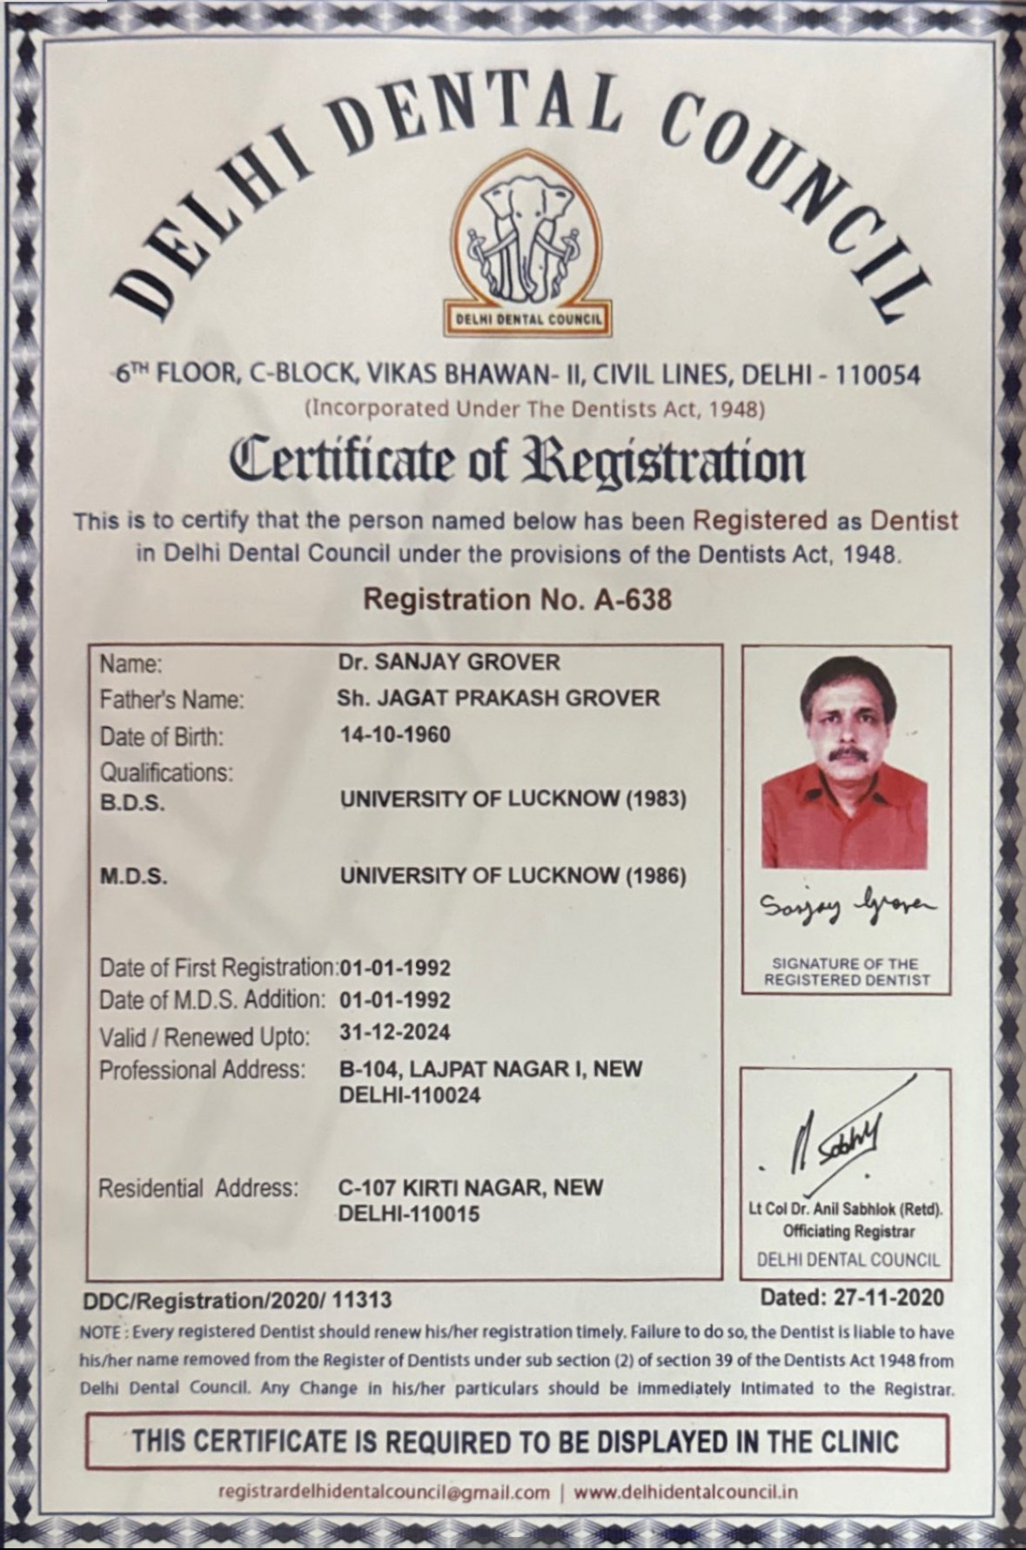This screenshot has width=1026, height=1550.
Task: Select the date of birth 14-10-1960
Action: [x=395, y=735]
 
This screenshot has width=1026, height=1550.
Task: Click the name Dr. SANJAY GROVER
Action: [x=449, y=662]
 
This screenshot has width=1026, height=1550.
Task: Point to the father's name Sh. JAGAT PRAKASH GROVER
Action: [x=498, y=698]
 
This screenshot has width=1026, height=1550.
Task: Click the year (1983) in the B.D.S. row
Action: [x=656, y=799]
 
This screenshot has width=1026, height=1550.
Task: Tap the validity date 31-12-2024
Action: [x=395, y=1033]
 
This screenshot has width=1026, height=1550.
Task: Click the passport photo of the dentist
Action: [x=844, y=767]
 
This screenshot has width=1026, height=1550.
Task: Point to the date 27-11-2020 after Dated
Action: [x=888, y=1297]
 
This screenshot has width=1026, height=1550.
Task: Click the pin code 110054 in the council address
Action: [x=876, y=375]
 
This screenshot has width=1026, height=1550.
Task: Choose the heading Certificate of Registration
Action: [x=517, y=461]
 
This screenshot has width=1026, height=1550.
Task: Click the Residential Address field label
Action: [x=198, y=1188]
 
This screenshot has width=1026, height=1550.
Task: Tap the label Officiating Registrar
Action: [x=848, y=1231]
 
